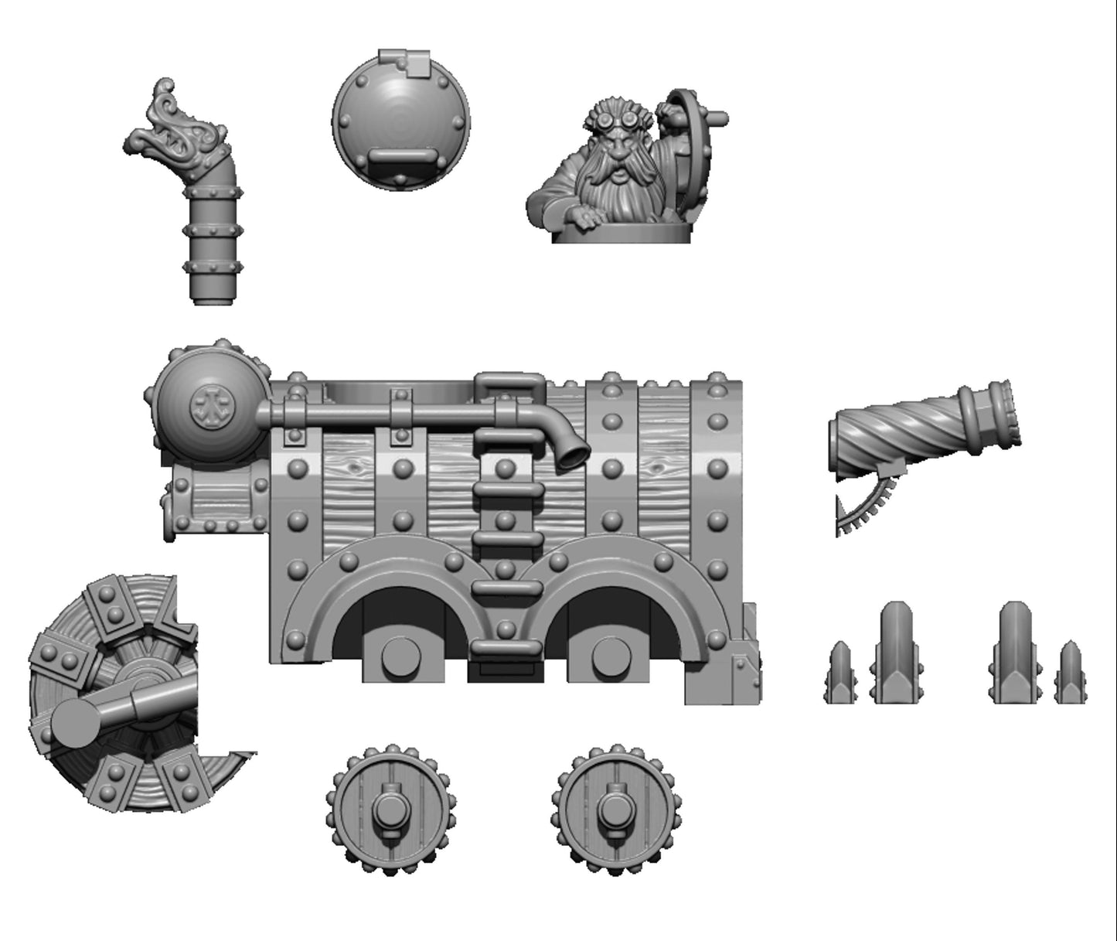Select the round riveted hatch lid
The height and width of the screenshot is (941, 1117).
(400, 124)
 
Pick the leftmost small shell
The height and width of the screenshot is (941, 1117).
(840, 673)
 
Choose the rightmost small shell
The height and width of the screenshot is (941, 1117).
(1071, 673)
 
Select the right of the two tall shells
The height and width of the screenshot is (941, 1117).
(1016, 653)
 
